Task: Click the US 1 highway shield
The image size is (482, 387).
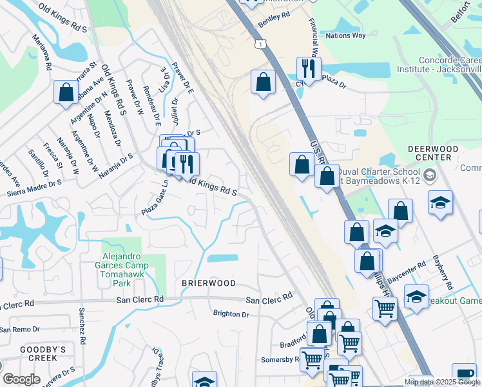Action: (258, 43)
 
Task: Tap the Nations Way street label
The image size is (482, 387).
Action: (346, 35)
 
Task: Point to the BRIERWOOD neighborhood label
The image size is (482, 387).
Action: (208, 283)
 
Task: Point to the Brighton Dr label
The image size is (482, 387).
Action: (231, 314)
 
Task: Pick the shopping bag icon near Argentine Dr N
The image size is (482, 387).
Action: (66, 92)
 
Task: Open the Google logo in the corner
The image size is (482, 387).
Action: (21, 379)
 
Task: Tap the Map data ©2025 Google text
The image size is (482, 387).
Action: (441, 382)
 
